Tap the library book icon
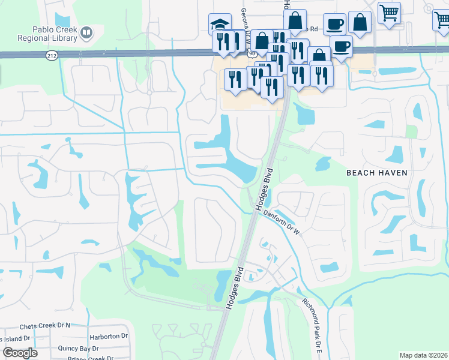pos(87,32)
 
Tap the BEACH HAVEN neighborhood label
pos(377,173)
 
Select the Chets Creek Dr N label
pos(45,326)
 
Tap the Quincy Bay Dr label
pos(78,349)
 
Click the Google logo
pos(20,353)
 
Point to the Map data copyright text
pos(423,355)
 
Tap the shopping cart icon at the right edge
pos(441,19)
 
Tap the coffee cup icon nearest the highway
pos(342,46)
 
